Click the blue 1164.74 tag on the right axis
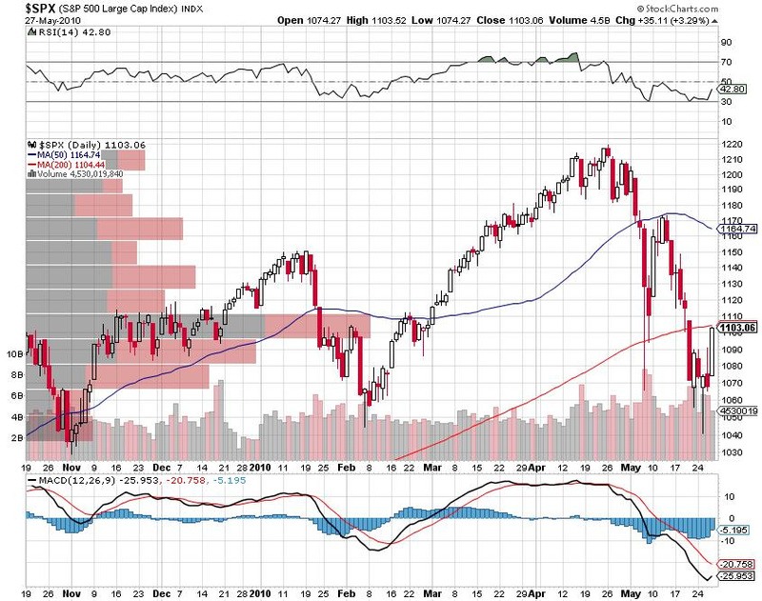739,229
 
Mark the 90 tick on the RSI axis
725,42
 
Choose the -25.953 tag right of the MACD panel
737,576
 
